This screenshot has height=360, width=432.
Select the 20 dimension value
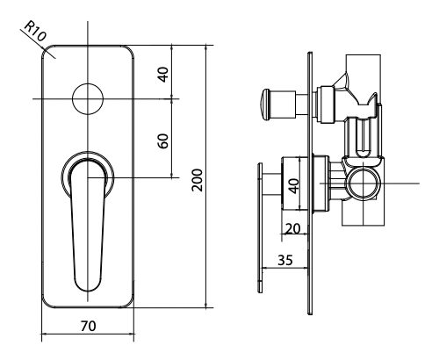[x=292, y=227]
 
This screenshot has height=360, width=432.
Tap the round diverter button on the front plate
[x=88, y=99]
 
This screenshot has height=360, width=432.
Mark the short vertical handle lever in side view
[x=260, y=228]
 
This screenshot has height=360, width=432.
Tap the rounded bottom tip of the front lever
[x=88, y=286]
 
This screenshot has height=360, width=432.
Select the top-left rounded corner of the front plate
[x=47, y=52]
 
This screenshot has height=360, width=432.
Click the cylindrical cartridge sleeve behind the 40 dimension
[x=318, y=184]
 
